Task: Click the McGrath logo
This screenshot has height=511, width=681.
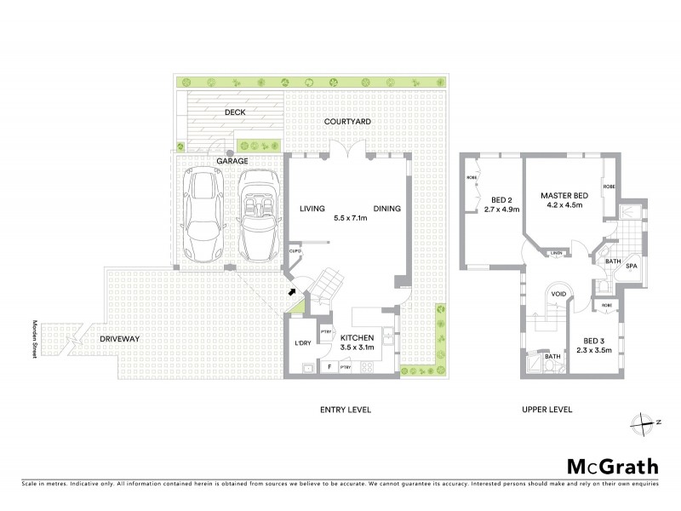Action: pos(612,466)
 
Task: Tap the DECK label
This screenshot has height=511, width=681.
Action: pos(236,112)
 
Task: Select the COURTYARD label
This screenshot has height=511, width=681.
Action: pos(346,123)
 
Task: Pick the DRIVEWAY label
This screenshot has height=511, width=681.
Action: pos(119,339)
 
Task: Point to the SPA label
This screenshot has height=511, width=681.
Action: pos(631,267)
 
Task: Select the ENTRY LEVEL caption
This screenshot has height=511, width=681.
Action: pos(346,410)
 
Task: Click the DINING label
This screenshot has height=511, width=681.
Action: pos(386,208)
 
